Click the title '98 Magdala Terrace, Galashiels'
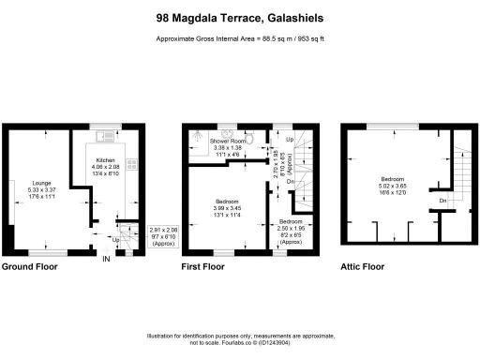pos(240,17)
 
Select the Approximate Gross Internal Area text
pos(240,38)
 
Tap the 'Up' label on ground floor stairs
pos(114,239)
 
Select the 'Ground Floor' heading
pos(29,267)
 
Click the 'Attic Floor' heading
pos(363,267)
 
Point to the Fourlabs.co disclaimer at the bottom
pos(240,339)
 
